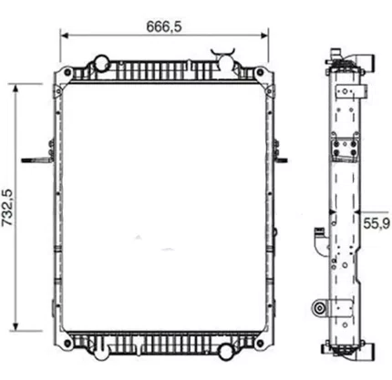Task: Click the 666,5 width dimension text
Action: (164, 26)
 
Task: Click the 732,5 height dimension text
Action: (7, 208)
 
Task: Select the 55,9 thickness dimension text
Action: (377, 224)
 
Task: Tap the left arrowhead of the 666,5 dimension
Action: (65, 36)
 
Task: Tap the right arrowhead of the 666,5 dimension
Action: (264, 36)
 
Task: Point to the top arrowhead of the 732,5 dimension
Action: (16, 88)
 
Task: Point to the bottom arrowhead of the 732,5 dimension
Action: (16, 326)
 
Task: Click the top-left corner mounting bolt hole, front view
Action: (67, 73)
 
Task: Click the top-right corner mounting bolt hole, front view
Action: (260, 72)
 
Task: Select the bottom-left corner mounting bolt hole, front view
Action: (67, 344)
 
